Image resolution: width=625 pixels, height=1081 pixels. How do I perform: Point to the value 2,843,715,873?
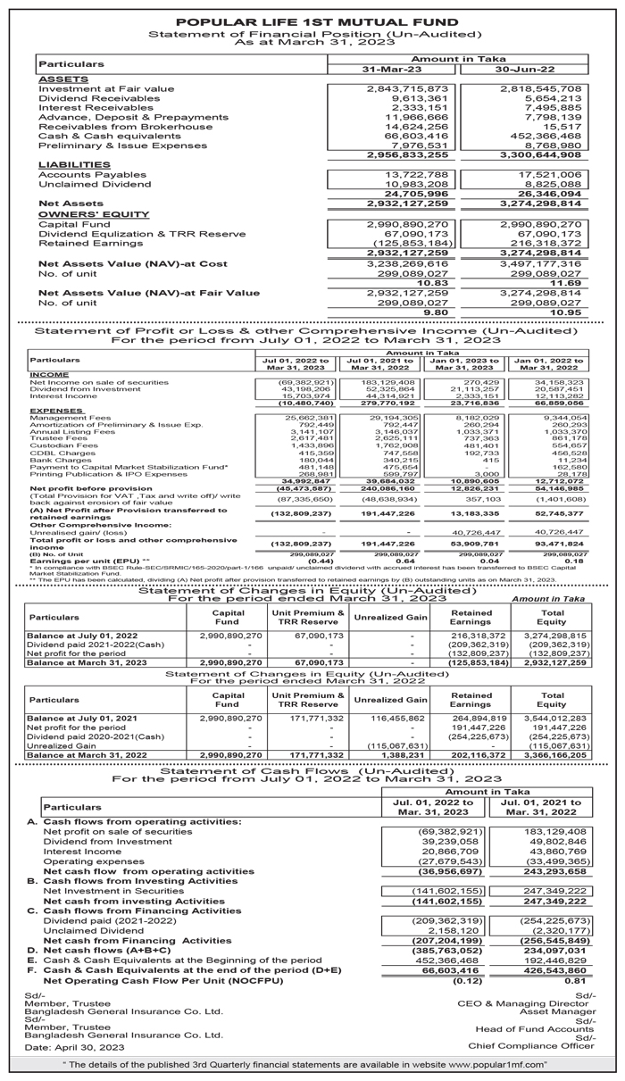click(x=407, y=89)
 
